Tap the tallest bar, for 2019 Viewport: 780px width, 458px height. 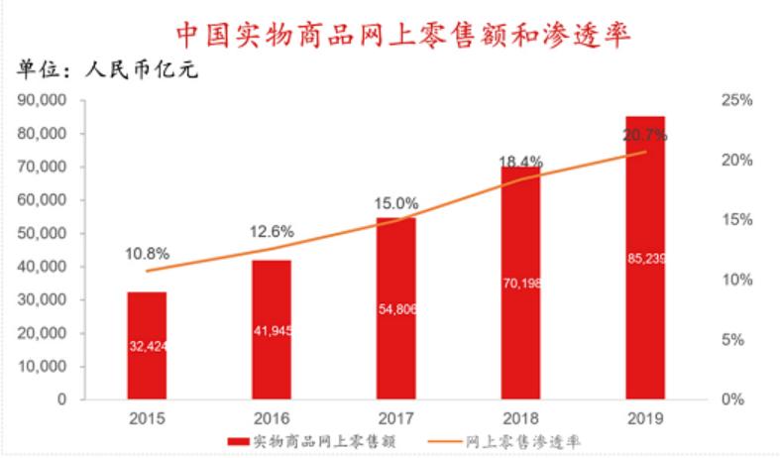point(645,258)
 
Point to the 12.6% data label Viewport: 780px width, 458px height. point(270,231)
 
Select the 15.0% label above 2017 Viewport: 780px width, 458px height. point(395,203)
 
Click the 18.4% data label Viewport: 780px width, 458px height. point(519,161)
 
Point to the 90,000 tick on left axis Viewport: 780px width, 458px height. point(44,100)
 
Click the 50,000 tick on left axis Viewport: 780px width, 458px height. point(44,233)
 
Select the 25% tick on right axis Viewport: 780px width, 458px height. point(738,100)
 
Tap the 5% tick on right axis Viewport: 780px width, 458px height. point(738,339)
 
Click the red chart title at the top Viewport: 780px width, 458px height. point(403,33)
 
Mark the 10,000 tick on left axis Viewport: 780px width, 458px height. point(44,366)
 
